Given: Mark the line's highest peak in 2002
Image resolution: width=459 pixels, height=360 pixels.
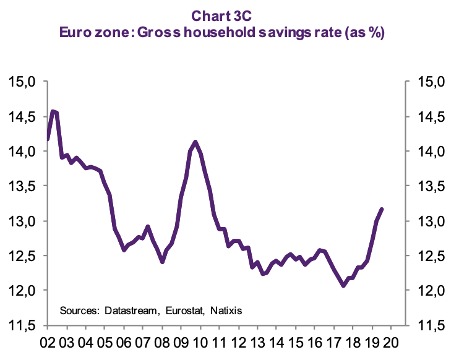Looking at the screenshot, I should [x=53, y=111].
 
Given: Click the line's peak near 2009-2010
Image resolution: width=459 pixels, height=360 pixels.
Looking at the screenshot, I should [x=195, y=142].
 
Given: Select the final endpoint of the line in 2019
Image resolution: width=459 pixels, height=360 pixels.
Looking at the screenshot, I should [x=382, y=209].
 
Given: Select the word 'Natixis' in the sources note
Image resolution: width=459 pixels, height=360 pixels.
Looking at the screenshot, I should [x=225, y=309].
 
